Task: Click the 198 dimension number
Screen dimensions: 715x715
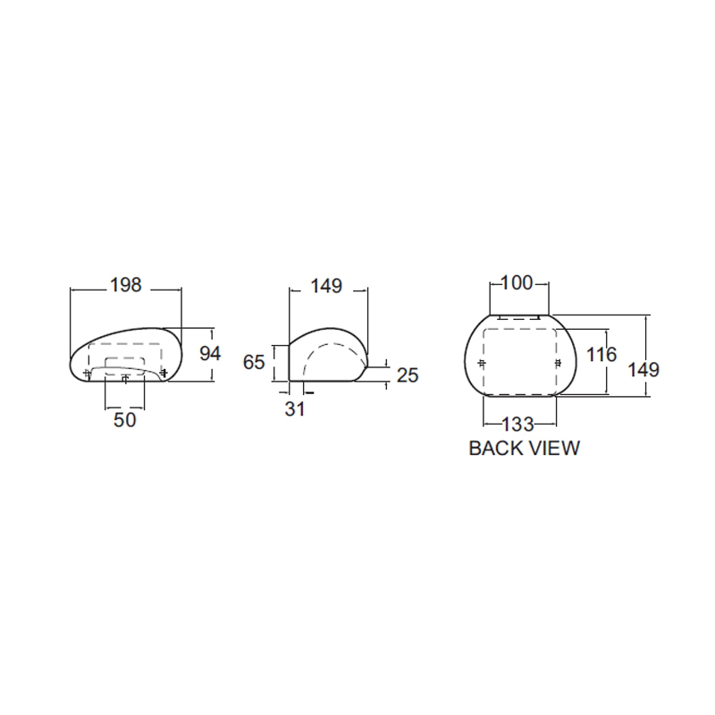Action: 126,285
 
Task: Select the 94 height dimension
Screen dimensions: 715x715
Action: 210,353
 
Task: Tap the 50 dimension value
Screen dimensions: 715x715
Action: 124,419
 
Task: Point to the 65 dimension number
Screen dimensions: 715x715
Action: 254,362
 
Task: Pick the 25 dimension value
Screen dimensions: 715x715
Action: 408,375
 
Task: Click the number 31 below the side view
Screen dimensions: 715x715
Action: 295,409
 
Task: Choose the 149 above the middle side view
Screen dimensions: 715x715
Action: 326,286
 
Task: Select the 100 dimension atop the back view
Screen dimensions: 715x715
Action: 517,282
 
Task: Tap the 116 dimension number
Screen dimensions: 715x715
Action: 601,354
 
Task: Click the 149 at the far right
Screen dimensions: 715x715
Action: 643,369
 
